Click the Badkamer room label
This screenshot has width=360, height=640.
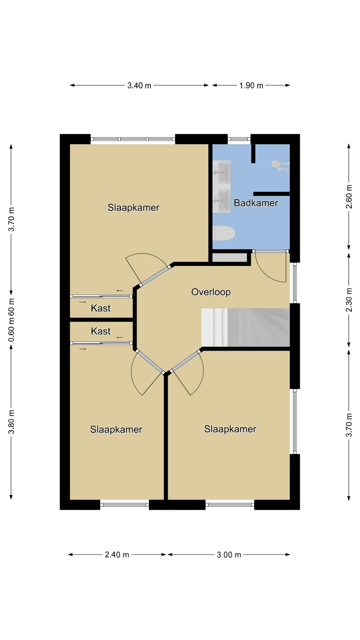256,203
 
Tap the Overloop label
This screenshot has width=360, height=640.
211,292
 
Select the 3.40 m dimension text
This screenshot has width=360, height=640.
139,86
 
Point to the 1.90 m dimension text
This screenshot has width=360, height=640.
251,86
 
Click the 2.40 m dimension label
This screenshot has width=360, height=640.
117,555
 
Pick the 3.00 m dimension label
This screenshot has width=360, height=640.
229,555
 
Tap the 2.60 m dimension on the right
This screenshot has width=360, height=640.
349,196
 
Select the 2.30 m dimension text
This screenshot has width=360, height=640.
349,300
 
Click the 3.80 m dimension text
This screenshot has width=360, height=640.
11,422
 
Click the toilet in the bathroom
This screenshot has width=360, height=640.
224,233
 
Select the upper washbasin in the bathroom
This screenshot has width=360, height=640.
221,172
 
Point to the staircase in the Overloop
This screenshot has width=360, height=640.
245,327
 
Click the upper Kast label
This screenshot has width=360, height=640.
101,308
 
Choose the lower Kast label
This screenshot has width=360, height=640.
101,331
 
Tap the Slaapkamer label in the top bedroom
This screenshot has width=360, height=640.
133,207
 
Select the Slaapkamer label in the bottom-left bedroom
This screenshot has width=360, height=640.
116,429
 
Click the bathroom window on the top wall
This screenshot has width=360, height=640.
239,139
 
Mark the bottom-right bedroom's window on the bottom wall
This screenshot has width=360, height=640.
230,505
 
